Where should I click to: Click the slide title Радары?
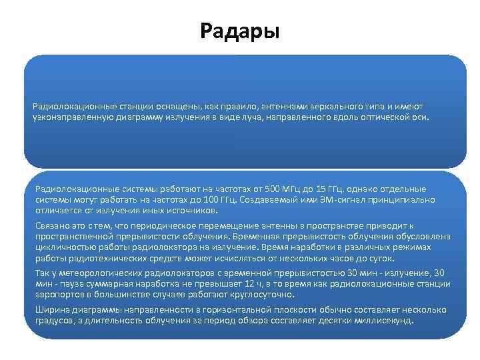point(239,31)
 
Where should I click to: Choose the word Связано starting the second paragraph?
point(52,226)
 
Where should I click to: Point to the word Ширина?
point(51,310)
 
